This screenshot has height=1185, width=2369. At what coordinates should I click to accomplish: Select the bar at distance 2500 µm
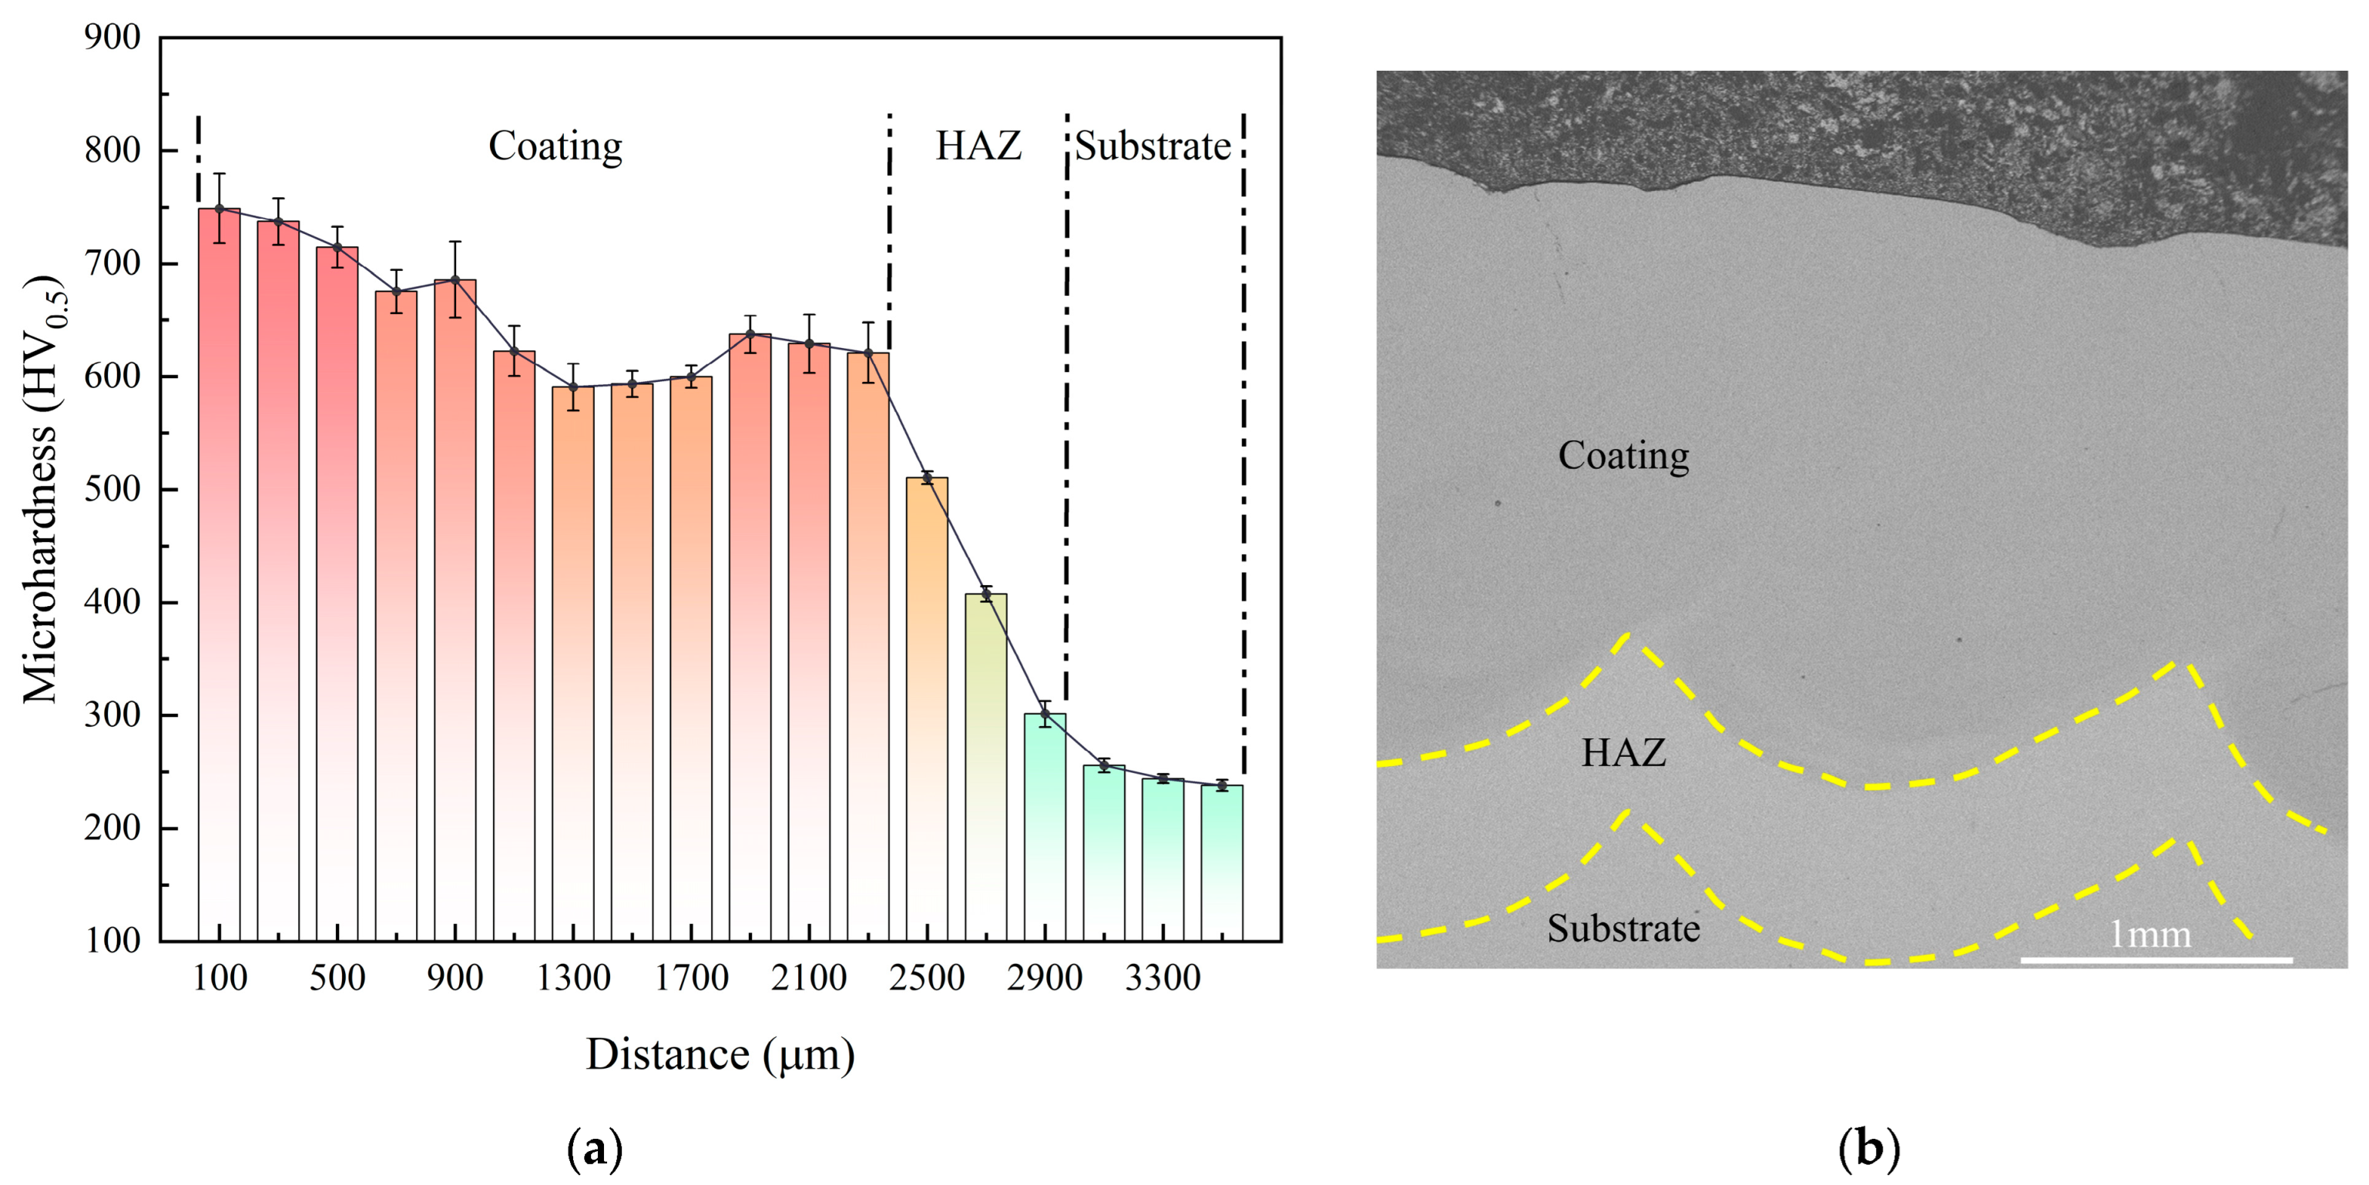927,708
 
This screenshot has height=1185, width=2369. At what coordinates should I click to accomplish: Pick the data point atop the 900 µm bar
455,280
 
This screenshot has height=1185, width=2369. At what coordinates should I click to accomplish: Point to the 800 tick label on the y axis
112,150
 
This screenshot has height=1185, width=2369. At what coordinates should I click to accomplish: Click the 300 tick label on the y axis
112,715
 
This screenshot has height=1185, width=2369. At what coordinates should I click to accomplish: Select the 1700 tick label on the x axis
692,977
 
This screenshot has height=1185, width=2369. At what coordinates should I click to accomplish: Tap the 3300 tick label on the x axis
1163,977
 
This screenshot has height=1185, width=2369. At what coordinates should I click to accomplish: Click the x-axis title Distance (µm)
720,1054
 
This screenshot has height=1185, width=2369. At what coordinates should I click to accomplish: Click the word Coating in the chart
555,146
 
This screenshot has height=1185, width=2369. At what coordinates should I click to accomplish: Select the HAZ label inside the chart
978,146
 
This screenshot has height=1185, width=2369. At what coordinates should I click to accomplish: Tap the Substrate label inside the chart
1153,146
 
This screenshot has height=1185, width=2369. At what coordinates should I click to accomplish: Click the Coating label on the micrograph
1623,455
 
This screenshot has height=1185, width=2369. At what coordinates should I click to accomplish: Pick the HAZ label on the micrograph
1623,753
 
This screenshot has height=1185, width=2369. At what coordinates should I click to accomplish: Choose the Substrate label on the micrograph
1623,929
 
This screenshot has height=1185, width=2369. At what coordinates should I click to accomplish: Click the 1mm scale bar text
2149,935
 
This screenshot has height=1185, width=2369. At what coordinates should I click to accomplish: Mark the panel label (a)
595,1149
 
